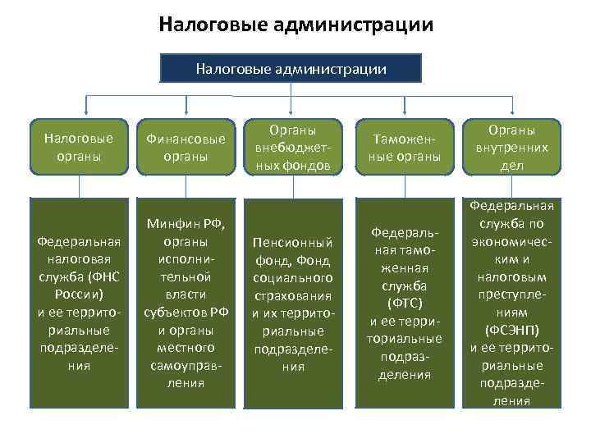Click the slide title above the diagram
point(295,25)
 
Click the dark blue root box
point(291,68)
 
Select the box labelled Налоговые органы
point(78,148)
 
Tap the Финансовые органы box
point(185,148)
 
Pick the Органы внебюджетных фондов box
point(293,148)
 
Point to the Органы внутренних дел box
point(511,148)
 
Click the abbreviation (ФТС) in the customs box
point(403,304)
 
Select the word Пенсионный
point(293,243)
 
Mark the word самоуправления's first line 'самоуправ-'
point(185,366)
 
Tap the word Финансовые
point(185,139)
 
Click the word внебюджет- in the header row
point(293,148)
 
